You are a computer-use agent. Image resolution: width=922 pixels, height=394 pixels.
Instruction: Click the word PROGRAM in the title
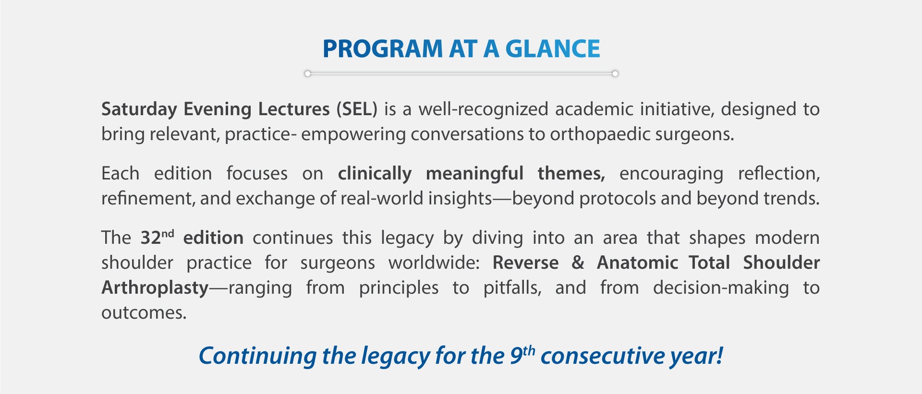(383, 49)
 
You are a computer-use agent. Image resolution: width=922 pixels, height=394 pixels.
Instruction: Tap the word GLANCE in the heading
(553, 49)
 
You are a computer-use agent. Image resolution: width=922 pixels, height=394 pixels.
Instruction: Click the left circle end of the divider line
(308, 73)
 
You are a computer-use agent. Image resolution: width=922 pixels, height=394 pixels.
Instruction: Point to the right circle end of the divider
(615, 73)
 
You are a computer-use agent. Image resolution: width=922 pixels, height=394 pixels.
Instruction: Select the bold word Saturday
(139, 110)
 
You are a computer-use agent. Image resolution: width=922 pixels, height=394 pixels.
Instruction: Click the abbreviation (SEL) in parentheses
(357, 109)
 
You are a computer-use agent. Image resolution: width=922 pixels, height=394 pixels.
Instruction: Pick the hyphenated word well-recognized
(483, 110)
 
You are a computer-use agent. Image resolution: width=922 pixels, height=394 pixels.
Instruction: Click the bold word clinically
(375, 174)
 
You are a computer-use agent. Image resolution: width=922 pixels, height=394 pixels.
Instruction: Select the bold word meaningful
(474, 174)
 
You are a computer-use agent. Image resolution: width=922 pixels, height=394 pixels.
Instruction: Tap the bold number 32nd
(157, 237)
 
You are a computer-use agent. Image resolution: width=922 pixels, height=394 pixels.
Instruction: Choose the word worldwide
(434, 263)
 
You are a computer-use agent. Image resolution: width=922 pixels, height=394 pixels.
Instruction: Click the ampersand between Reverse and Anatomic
(578, 263)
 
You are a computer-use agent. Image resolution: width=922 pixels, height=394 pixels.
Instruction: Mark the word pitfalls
(512, 288)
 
